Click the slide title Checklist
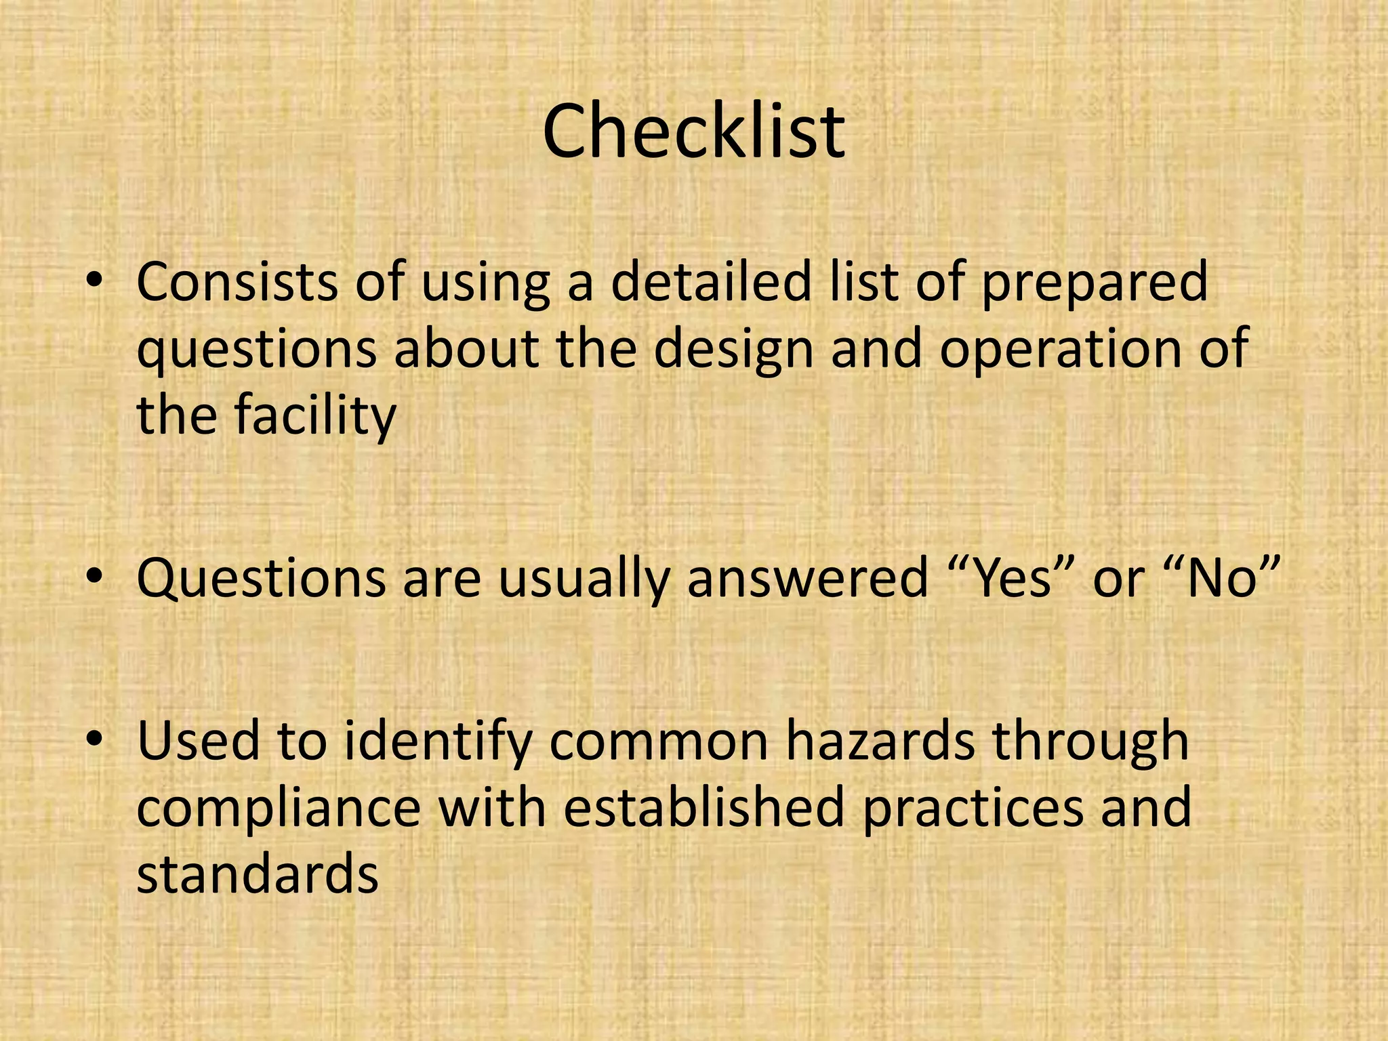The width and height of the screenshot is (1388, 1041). [693, 132]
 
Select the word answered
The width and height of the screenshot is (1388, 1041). [807, 579]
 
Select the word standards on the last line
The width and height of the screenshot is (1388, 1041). [257, 874]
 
